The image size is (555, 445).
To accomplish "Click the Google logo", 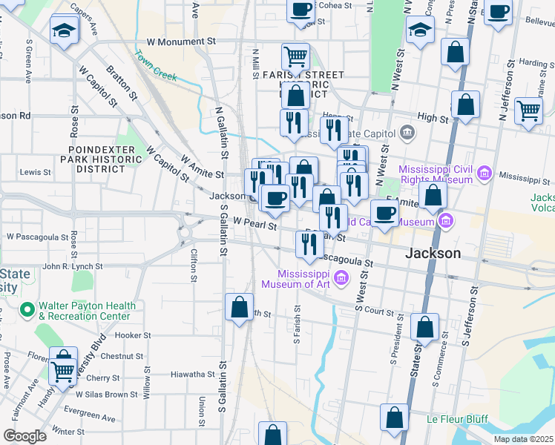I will coord(24,436).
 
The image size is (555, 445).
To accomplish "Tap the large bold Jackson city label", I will coord(433,253).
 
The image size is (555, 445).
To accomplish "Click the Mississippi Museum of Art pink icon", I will coord(341,279).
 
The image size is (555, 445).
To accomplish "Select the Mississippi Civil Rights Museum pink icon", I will coord(484,174).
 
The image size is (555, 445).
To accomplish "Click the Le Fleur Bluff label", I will coord(456,419).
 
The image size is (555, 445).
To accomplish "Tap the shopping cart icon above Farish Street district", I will coord(295,56).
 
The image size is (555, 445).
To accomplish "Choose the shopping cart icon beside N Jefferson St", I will coord(528,111).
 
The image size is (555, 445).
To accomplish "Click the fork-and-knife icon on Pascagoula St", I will coord(309,244).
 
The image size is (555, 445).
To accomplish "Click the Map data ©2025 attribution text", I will coord(524,439).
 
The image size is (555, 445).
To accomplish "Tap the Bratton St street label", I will coord(122,83).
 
